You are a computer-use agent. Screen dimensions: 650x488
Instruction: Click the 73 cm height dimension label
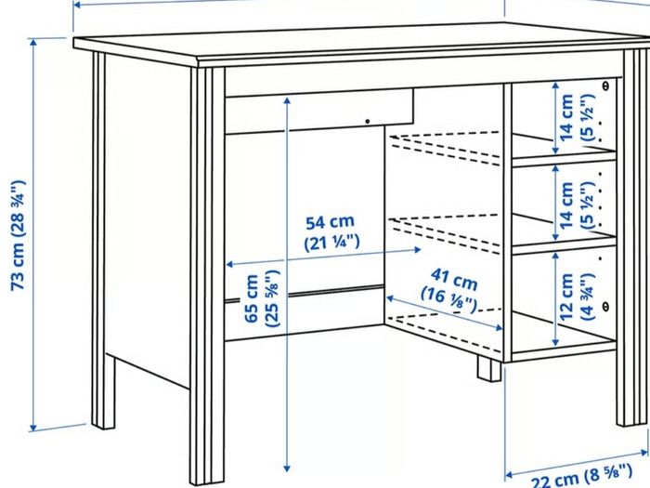point(19,235)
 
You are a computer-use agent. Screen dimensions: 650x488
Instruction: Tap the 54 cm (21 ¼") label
point(331,232)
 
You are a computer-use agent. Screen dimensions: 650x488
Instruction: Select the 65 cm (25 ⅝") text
point(262,298)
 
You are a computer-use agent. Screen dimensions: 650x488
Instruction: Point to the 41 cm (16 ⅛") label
point(449,290)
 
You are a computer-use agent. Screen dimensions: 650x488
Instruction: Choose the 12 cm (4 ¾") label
point(577,297)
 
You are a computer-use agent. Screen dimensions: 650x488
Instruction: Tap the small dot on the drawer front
point(368,122)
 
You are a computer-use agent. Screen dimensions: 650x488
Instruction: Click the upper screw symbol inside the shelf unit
point(605,86)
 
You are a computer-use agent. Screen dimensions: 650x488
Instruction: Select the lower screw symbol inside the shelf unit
point(605,307)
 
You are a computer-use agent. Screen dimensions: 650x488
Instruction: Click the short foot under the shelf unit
point(489,369)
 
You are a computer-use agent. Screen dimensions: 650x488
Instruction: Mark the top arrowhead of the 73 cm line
point(33,40)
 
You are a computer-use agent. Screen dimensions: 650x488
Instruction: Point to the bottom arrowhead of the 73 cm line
point(33,429)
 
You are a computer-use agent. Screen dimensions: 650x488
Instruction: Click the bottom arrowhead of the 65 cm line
point(287,468)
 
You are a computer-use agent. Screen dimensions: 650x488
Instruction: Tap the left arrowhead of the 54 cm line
point(229,264)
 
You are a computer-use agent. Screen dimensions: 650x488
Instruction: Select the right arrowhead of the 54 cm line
point(418,249)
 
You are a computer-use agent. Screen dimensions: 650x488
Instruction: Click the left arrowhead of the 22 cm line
point(509,475)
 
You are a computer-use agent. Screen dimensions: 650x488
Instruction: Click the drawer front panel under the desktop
point(319,112)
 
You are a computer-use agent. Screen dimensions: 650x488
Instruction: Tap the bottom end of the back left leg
point(103,427)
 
